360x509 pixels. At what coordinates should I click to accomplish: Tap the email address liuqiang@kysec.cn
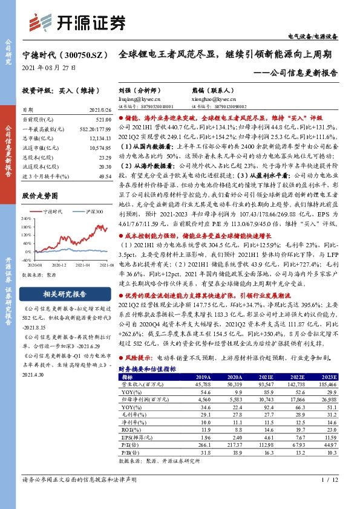pos(140,97)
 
